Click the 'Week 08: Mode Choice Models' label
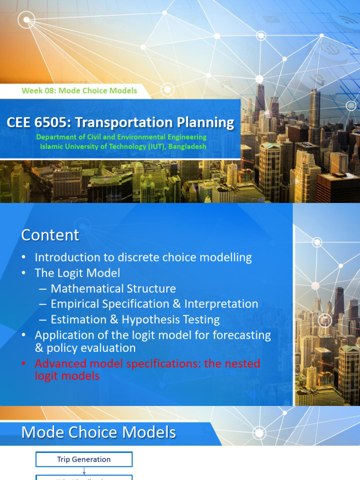(79, 90)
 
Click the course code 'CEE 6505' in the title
(37, 123)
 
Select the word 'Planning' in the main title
(207, 123)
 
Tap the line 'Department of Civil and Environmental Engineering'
(121, 137)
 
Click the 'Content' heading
(50, 235)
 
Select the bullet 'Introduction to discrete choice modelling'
(143, 257)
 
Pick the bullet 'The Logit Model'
(77, 273)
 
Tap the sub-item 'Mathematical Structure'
(113, 288)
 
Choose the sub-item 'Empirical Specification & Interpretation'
(154, 304)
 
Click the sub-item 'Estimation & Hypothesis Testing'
(135, 320)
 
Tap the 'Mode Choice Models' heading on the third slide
(98, 432)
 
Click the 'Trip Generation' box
(84, 459)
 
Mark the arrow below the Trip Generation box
(84, 471)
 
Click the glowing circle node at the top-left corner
(27, 20)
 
